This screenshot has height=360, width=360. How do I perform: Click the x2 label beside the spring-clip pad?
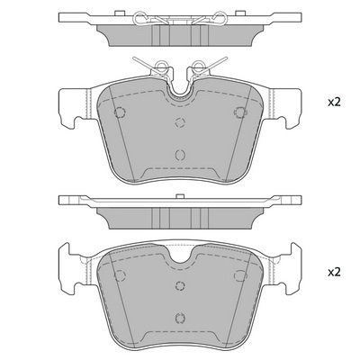coord(334,103)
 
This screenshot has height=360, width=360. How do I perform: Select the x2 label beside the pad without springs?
coord(334,272)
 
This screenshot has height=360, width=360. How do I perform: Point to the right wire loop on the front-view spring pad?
coord(198,65)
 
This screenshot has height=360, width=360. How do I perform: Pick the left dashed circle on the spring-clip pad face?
coord(120,112)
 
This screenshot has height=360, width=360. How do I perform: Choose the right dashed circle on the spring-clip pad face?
coord(240,112)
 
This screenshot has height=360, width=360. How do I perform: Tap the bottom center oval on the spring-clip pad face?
coord(179,154)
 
